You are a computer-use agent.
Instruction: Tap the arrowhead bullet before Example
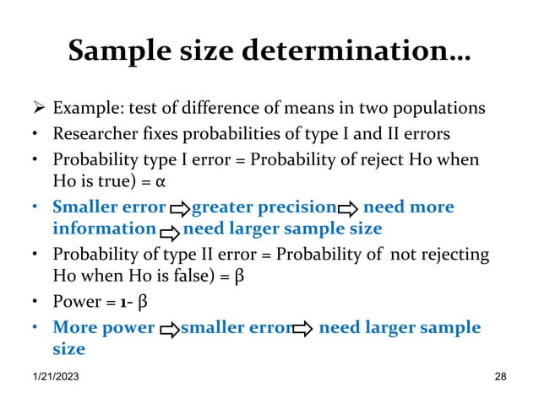pos(37,110)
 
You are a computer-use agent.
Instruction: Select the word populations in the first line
pos(441,110)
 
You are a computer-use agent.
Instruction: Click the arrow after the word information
pos(169,230)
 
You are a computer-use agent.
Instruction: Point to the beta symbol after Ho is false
pos(238,278)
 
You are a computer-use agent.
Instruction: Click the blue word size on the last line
pos(68,348)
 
